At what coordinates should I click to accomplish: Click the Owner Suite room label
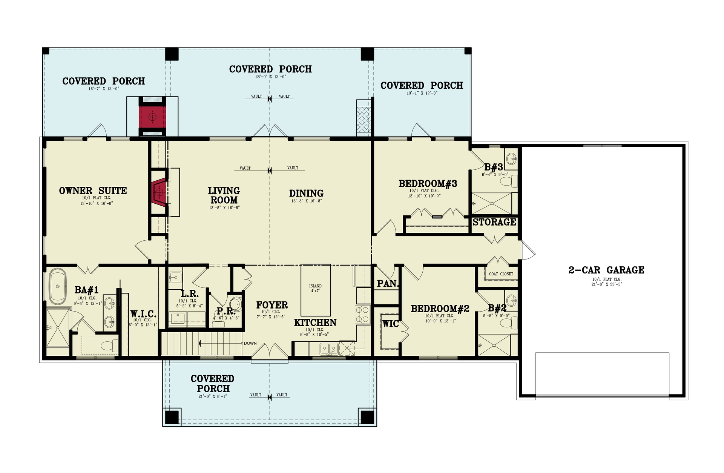[x=93, y=190]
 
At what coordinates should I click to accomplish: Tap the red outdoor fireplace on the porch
[x=152, y=117]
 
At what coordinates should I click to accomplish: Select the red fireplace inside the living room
[x=159, y=193]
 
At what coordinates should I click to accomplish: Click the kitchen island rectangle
[x=316, y=290]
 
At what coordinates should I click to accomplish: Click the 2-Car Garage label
[x=606, y=270]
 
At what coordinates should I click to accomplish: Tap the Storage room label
[x=494, y=222]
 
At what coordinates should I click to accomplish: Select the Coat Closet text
[x=501, y=274]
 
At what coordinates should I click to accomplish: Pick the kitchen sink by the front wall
[x=329, y=349]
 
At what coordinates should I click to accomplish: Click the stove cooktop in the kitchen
[x=362, y=315]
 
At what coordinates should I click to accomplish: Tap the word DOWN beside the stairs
[x=250, y=343]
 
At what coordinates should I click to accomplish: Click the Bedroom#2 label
[x=440, y=309]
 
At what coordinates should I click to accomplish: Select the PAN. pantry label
[x=387, y=284]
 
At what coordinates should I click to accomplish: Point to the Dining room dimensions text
[x=306, y=201]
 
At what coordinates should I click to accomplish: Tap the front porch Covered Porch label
[x=213, y=383]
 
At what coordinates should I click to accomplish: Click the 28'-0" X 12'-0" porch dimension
[x=270, y=77]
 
